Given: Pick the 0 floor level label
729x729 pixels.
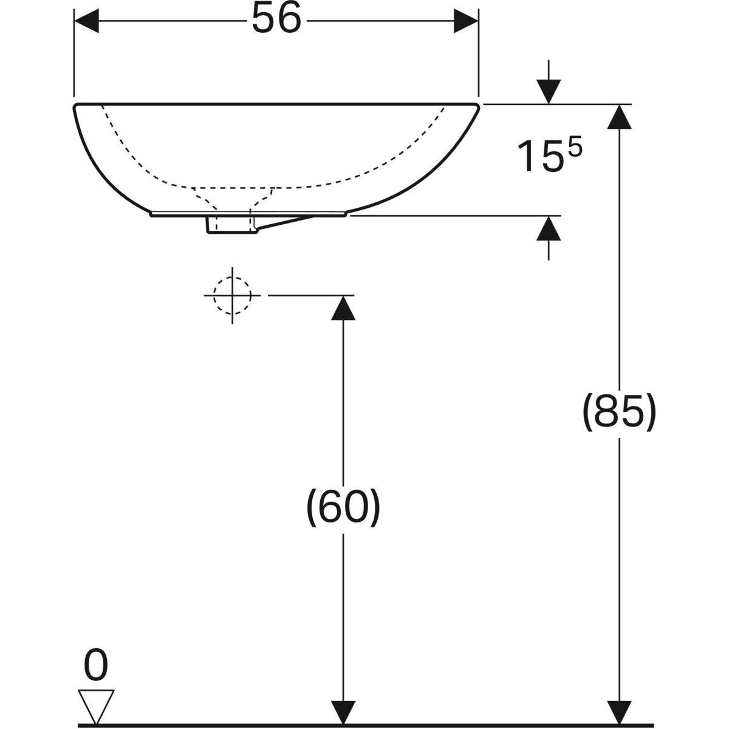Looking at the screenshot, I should tap(96, 666).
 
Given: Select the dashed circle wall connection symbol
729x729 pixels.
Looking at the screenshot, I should tap(231, 295).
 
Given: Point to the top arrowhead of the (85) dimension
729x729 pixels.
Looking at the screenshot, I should tap(620, 117).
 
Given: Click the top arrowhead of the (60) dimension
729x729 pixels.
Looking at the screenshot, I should tap(344, 307).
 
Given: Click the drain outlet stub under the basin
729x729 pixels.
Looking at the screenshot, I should tap(229, 224).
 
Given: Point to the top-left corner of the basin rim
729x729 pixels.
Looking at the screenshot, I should tap(75, 106).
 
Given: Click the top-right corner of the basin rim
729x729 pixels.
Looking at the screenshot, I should tap(478, 106).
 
